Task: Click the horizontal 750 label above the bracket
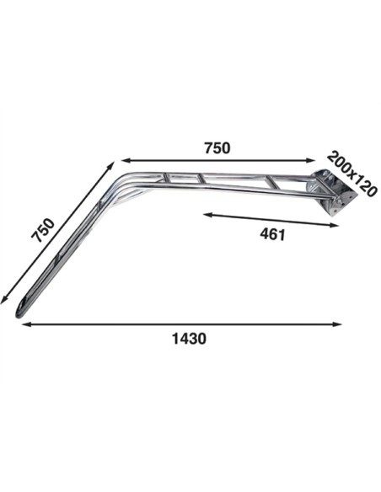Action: coord(217,148)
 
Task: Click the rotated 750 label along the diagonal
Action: coord(43,231)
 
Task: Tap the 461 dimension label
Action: coord(273,234)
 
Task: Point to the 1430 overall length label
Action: coord(190,339)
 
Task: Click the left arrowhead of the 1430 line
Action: coord(26,324)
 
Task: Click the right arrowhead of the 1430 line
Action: coord(337,324)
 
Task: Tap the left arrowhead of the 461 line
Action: coord(208,215)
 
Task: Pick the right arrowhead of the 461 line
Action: coord(334,225)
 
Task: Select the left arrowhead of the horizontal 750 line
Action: coord(126,161)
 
